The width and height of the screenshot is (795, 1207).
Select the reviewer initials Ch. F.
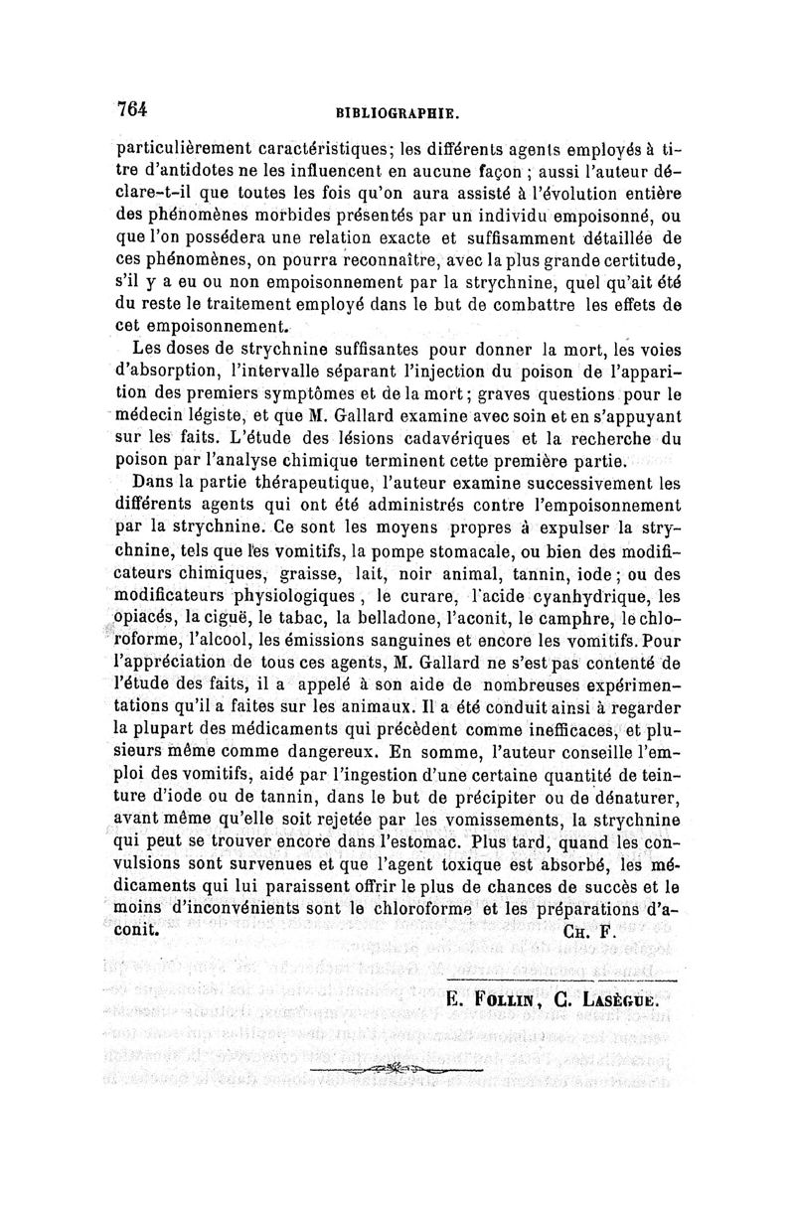(589, 933)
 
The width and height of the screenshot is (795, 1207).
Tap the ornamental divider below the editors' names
(395, 1068)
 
